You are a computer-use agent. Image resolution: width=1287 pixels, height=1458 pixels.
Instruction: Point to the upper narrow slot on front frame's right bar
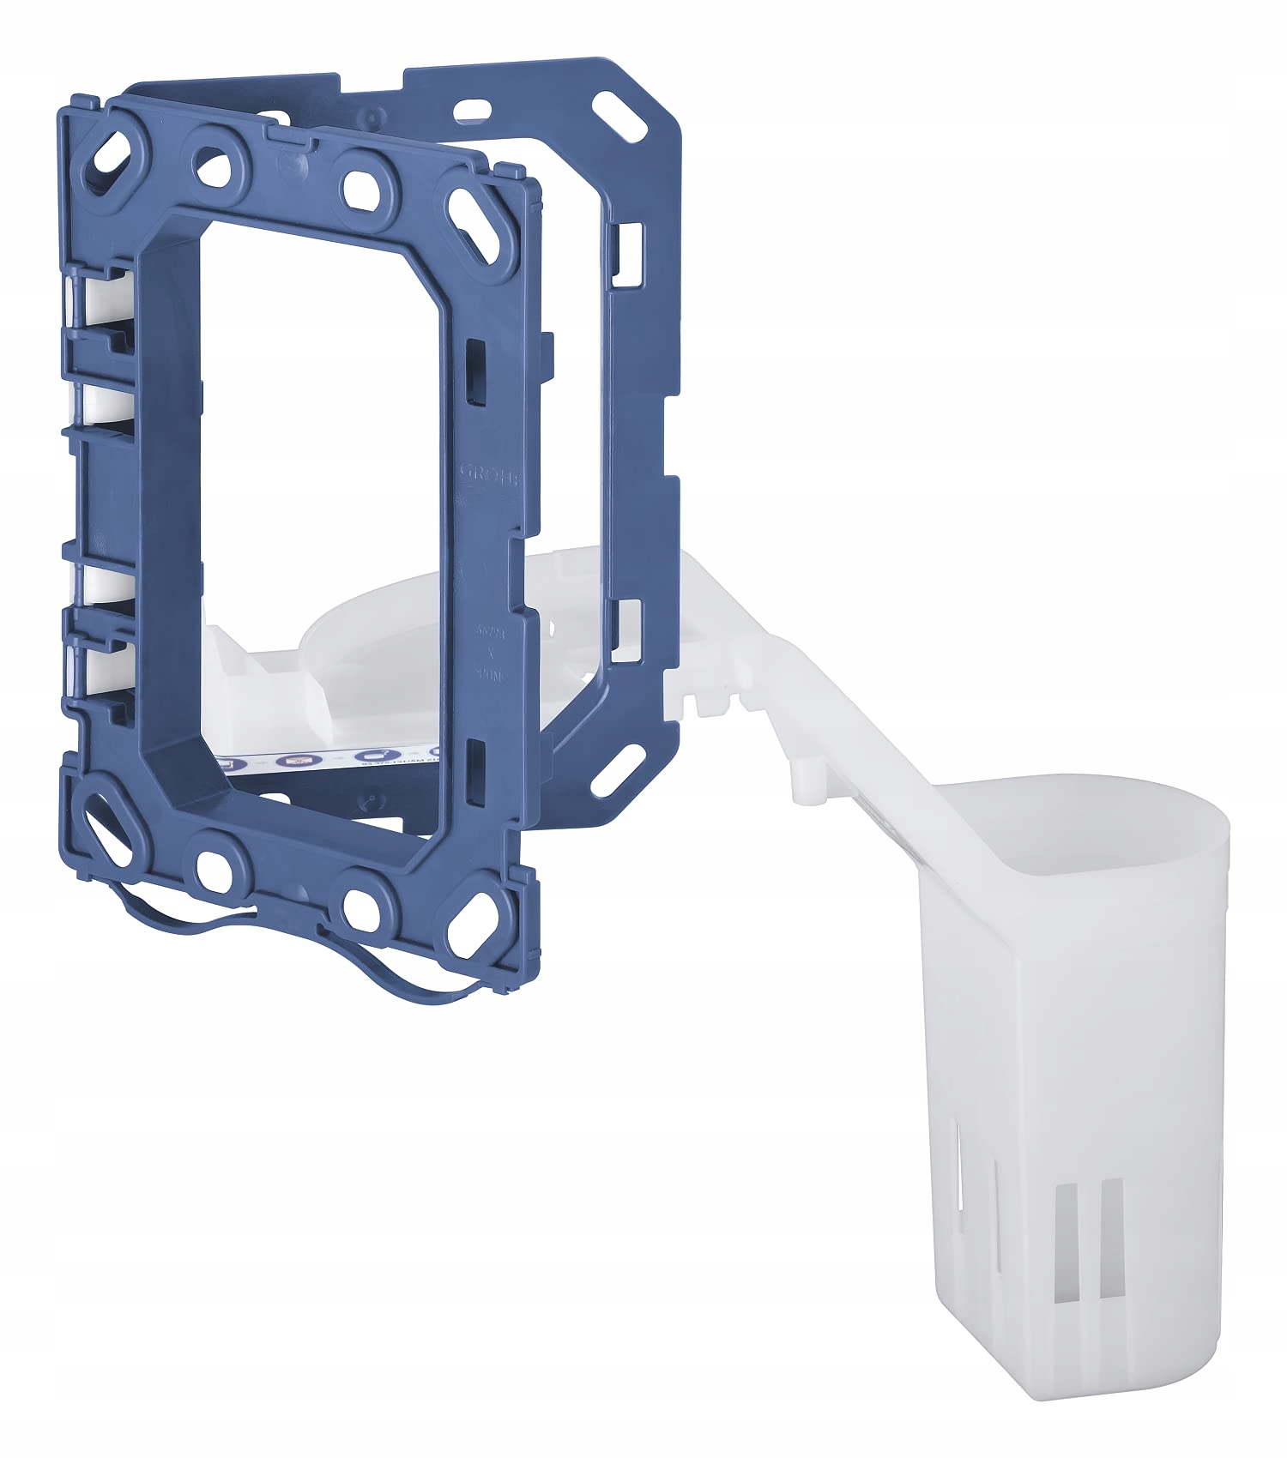473,364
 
